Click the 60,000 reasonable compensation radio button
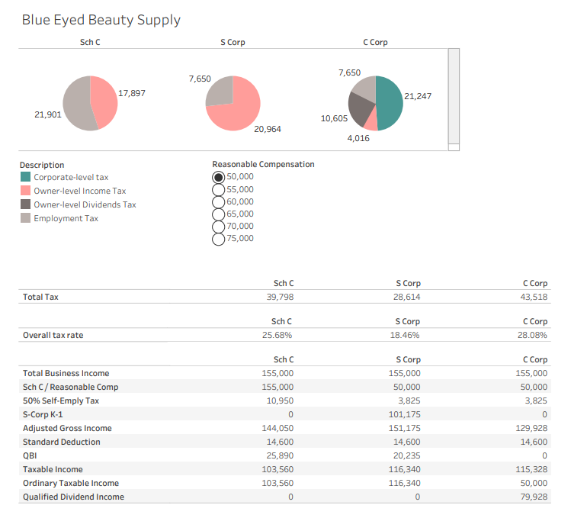[x=219, y=201]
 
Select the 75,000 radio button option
[x=219, y=239]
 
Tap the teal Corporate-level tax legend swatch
[x=26, y=177]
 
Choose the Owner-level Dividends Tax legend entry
[x=85, y=204]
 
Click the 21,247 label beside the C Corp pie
[x=418, y=96]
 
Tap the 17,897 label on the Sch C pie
[x=131, y=93]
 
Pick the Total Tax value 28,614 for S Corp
[x=406, y=297]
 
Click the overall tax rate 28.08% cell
[x=533, y=335]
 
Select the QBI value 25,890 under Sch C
[x=279, y=455]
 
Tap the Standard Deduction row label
[x=61, y=442]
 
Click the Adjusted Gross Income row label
[x=67, y=428]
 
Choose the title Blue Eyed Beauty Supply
[x=101, y=20]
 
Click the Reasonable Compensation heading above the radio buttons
[x=263, y=164]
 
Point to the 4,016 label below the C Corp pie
[x=358, y=138]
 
